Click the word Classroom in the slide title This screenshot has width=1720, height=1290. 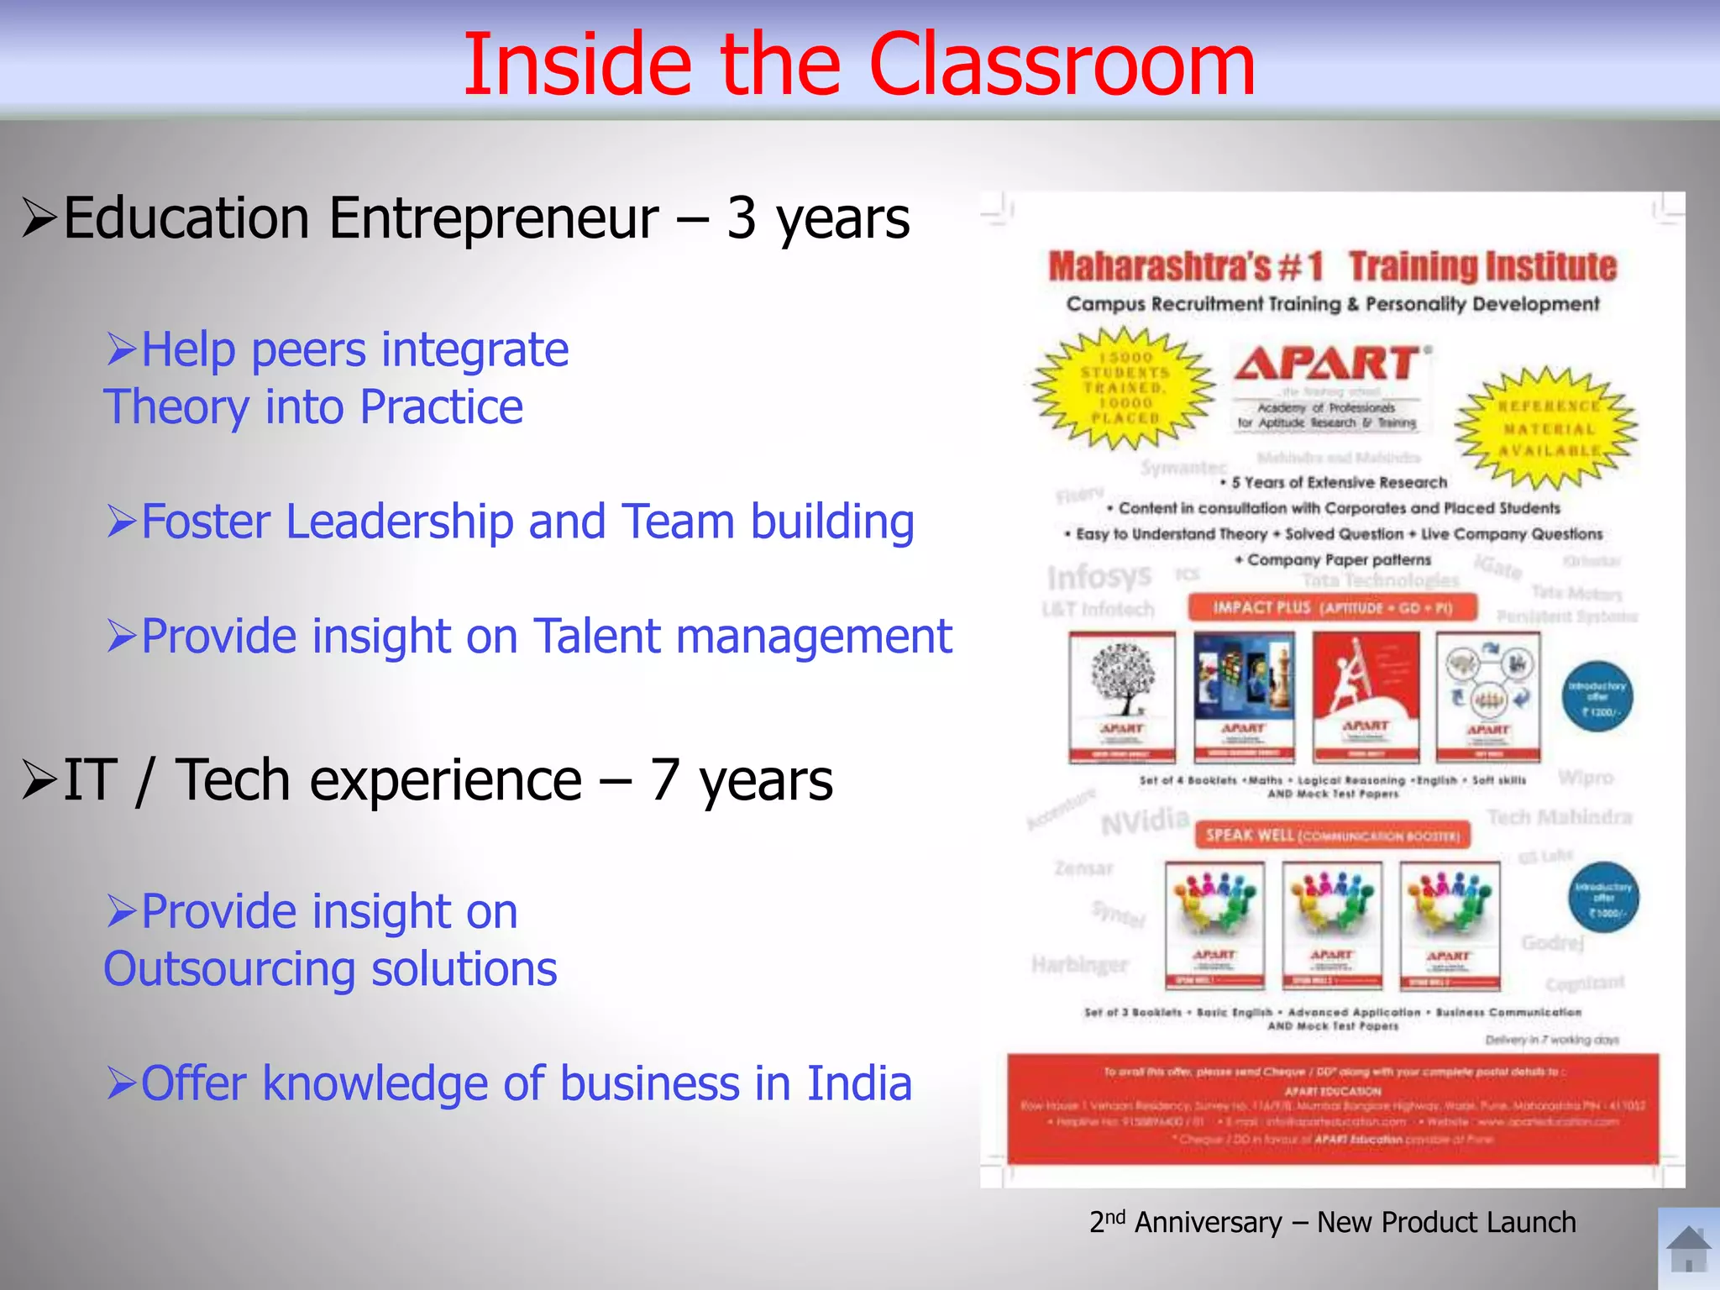click(1062, 66)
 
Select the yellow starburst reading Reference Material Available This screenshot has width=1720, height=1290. click(1546, 427)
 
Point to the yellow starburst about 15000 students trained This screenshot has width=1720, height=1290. click(1125, 387)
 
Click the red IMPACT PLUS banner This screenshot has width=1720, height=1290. click(1332, 607)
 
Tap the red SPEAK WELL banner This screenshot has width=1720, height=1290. click(1332, 835)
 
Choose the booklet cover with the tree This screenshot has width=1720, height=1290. click(1122, 696)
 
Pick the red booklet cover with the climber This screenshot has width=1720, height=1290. click(1366, 696)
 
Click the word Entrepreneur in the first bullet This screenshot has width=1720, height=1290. click(494, 218)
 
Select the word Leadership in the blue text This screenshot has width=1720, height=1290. click(399, 522)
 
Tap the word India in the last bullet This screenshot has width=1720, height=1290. click(859, 1083)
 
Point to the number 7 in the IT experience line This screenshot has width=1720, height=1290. click(664, 780)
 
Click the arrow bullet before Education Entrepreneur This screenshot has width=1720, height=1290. click(39, 218)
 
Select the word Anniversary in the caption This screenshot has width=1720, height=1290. click(1208, 1223)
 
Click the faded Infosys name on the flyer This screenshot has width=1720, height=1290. click(1099, 577)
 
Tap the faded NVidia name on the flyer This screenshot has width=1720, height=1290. click(1144, 821)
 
